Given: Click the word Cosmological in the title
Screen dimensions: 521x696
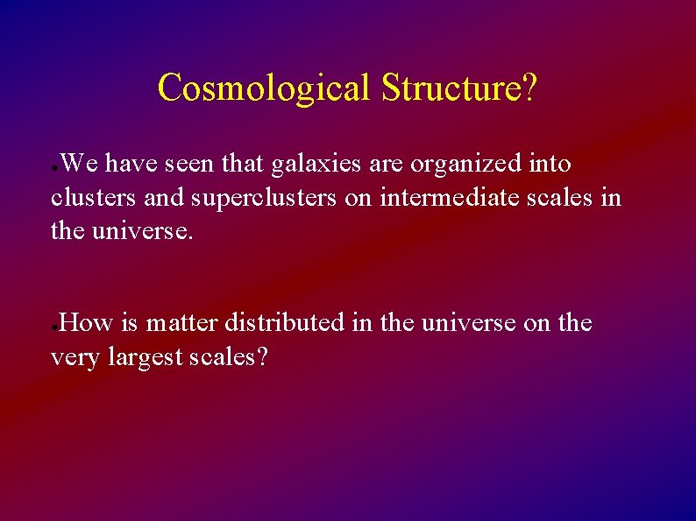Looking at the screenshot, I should (266, 88).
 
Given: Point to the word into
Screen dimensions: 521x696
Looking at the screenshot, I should (550, 165).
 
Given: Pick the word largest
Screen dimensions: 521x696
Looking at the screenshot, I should (148, 357).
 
